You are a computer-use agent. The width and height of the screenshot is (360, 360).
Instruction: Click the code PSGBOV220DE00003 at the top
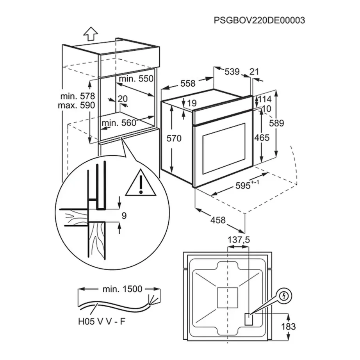point(259,20)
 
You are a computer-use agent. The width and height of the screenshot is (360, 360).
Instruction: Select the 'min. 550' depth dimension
point(137,78)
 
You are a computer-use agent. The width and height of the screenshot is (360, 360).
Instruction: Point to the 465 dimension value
point(262,137)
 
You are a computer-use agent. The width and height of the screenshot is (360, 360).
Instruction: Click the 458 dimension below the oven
point(218,220)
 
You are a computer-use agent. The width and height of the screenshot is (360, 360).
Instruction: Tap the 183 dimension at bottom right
point(288,326)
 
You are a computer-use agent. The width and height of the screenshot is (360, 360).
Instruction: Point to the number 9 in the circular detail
point(124,215)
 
